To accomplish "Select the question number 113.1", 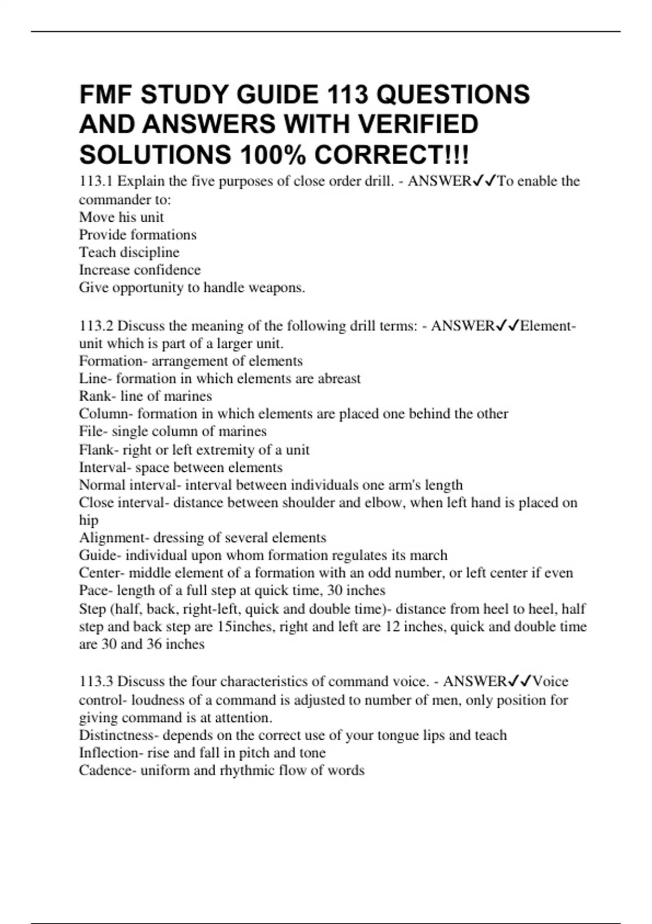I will pos(96,181).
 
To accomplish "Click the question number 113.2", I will pos(96,326).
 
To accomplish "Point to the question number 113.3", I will pos(96,682).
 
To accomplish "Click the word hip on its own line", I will pos(89,521).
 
